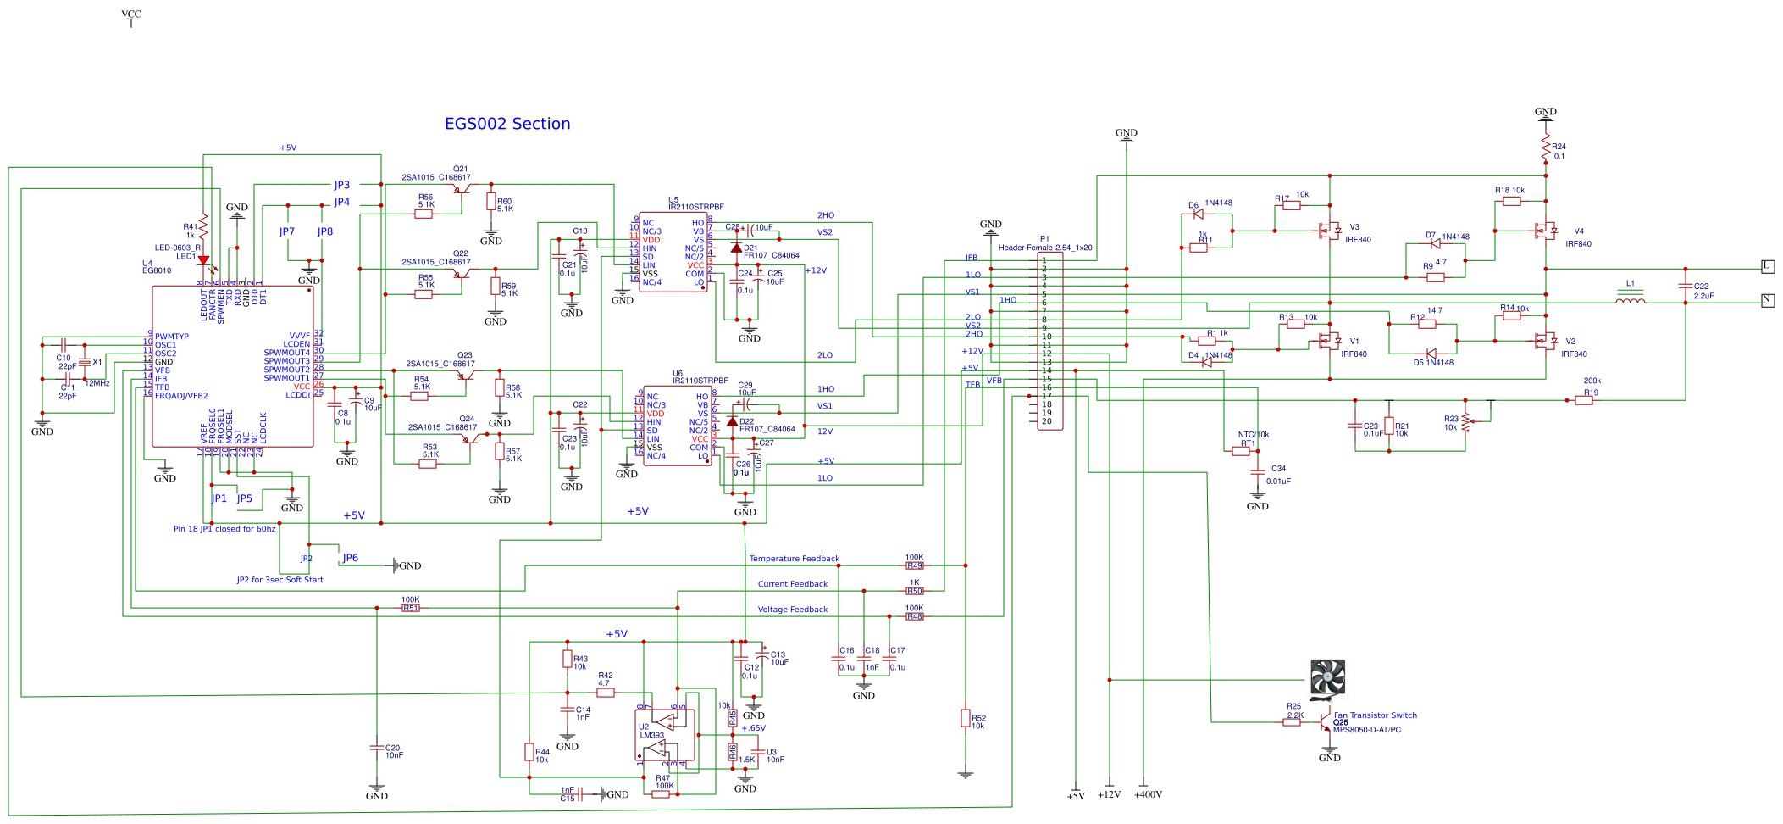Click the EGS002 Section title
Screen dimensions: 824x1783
click(x=507, y=124)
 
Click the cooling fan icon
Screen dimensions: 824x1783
click(x=1327, y=679)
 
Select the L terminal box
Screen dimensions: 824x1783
click(x=1767, y=266)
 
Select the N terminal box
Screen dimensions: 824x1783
click(x=1767, y=300)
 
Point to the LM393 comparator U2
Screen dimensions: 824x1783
click(x=665, y=735)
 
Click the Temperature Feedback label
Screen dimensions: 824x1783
click(x=794, y=559)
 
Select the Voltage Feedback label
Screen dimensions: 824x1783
click(x=792, y=610)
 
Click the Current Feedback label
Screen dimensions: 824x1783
click(x=792, y=584)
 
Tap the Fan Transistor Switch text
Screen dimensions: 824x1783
click(x=1375, y=715)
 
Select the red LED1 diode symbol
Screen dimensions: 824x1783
click(x=203, y=261)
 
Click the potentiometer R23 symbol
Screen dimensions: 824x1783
click(x=1465, y=421)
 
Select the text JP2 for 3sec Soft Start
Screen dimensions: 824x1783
click(x=280, y=580)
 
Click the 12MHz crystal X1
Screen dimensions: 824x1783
click(x=85, y=362)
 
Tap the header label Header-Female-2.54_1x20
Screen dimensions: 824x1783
click(x=1044, y=248)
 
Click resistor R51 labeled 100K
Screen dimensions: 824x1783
click(x=411, y=608)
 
